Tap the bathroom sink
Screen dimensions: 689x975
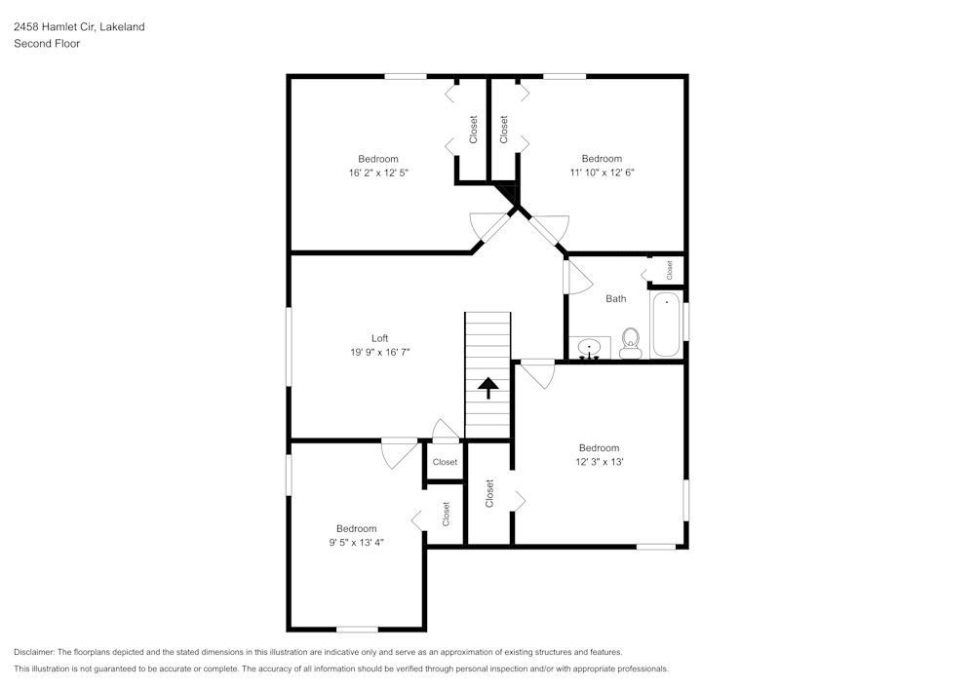589,348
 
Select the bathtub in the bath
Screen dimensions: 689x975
667,325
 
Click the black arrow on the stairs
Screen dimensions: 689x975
487,388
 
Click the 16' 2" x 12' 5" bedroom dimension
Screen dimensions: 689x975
378,172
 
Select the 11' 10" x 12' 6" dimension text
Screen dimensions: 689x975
602,172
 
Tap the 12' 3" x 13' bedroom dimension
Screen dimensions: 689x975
599,462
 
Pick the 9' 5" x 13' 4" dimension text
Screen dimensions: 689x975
356,543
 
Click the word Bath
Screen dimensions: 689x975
616,299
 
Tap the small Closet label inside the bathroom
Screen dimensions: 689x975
669,268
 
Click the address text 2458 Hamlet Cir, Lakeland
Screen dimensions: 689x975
79,27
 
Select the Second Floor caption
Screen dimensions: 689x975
47,44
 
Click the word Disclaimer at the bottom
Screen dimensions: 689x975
35,652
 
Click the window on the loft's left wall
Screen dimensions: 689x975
289,346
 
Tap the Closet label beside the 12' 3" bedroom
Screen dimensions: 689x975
489,494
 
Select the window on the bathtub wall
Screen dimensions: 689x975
686,322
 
